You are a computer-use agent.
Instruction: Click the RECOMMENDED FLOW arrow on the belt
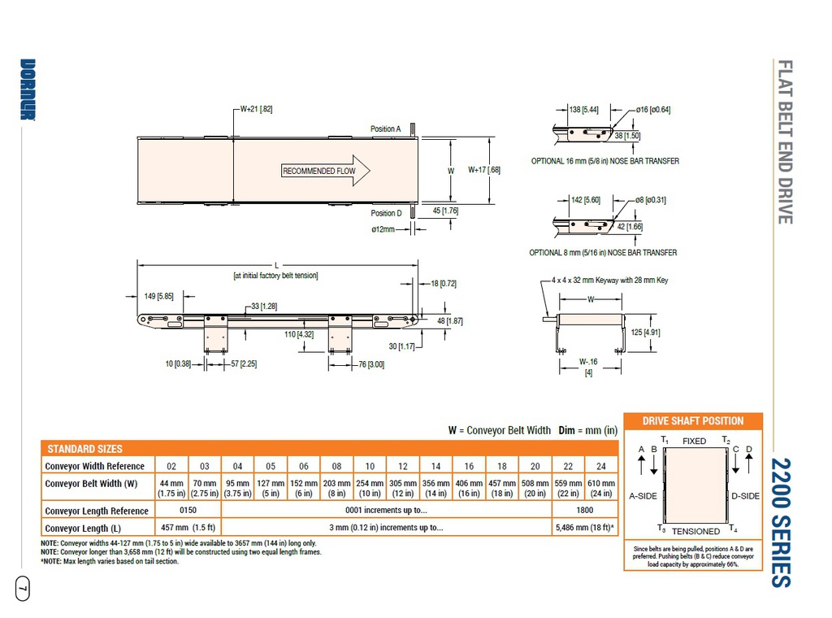325,171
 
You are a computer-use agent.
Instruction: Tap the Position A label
385,128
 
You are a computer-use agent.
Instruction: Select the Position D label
385,213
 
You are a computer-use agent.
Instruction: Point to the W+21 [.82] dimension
256,108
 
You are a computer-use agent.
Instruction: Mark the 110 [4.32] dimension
300,334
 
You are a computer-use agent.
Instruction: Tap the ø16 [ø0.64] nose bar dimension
653,109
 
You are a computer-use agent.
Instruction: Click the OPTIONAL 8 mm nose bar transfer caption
602,252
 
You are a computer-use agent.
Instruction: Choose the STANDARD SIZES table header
85,449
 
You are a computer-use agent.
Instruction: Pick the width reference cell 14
435,466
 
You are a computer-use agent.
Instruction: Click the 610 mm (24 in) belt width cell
601,488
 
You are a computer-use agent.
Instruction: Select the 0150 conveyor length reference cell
188,511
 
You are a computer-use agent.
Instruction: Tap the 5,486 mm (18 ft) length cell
583,528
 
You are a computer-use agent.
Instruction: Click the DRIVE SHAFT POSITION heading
693,420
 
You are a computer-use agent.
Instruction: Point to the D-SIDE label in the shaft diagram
745,496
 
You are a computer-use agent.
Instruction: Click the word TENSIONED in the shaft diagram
695,531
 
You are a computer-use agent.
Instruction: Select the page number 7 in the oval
23,586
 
